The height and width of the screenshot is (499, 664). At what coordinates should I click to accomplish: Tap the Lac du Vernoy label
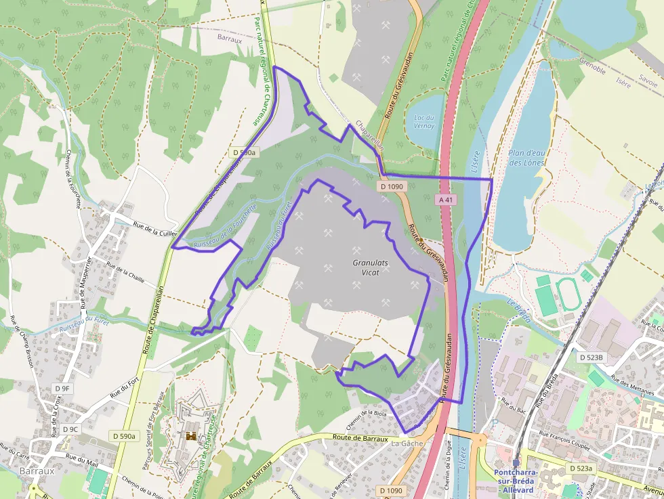coord(423,121)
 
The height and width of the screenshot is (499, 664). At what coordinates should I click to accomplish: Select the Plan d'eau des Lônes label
coord(526,158)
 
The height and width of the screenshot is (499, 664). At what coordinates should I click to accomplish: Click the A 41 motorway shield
coord(445,200)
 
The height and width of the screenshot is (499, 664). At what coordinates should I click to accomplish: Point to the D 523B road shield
coord(591,357)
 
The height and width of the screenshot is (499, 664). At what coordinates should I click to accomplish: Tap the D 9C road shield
coord(70,429)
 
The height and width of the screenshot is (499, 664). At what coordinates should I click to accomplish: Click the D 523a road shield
coord(580,468)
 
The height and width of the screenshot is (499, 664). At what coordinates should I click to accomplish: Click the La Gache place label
coord(407,443)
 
